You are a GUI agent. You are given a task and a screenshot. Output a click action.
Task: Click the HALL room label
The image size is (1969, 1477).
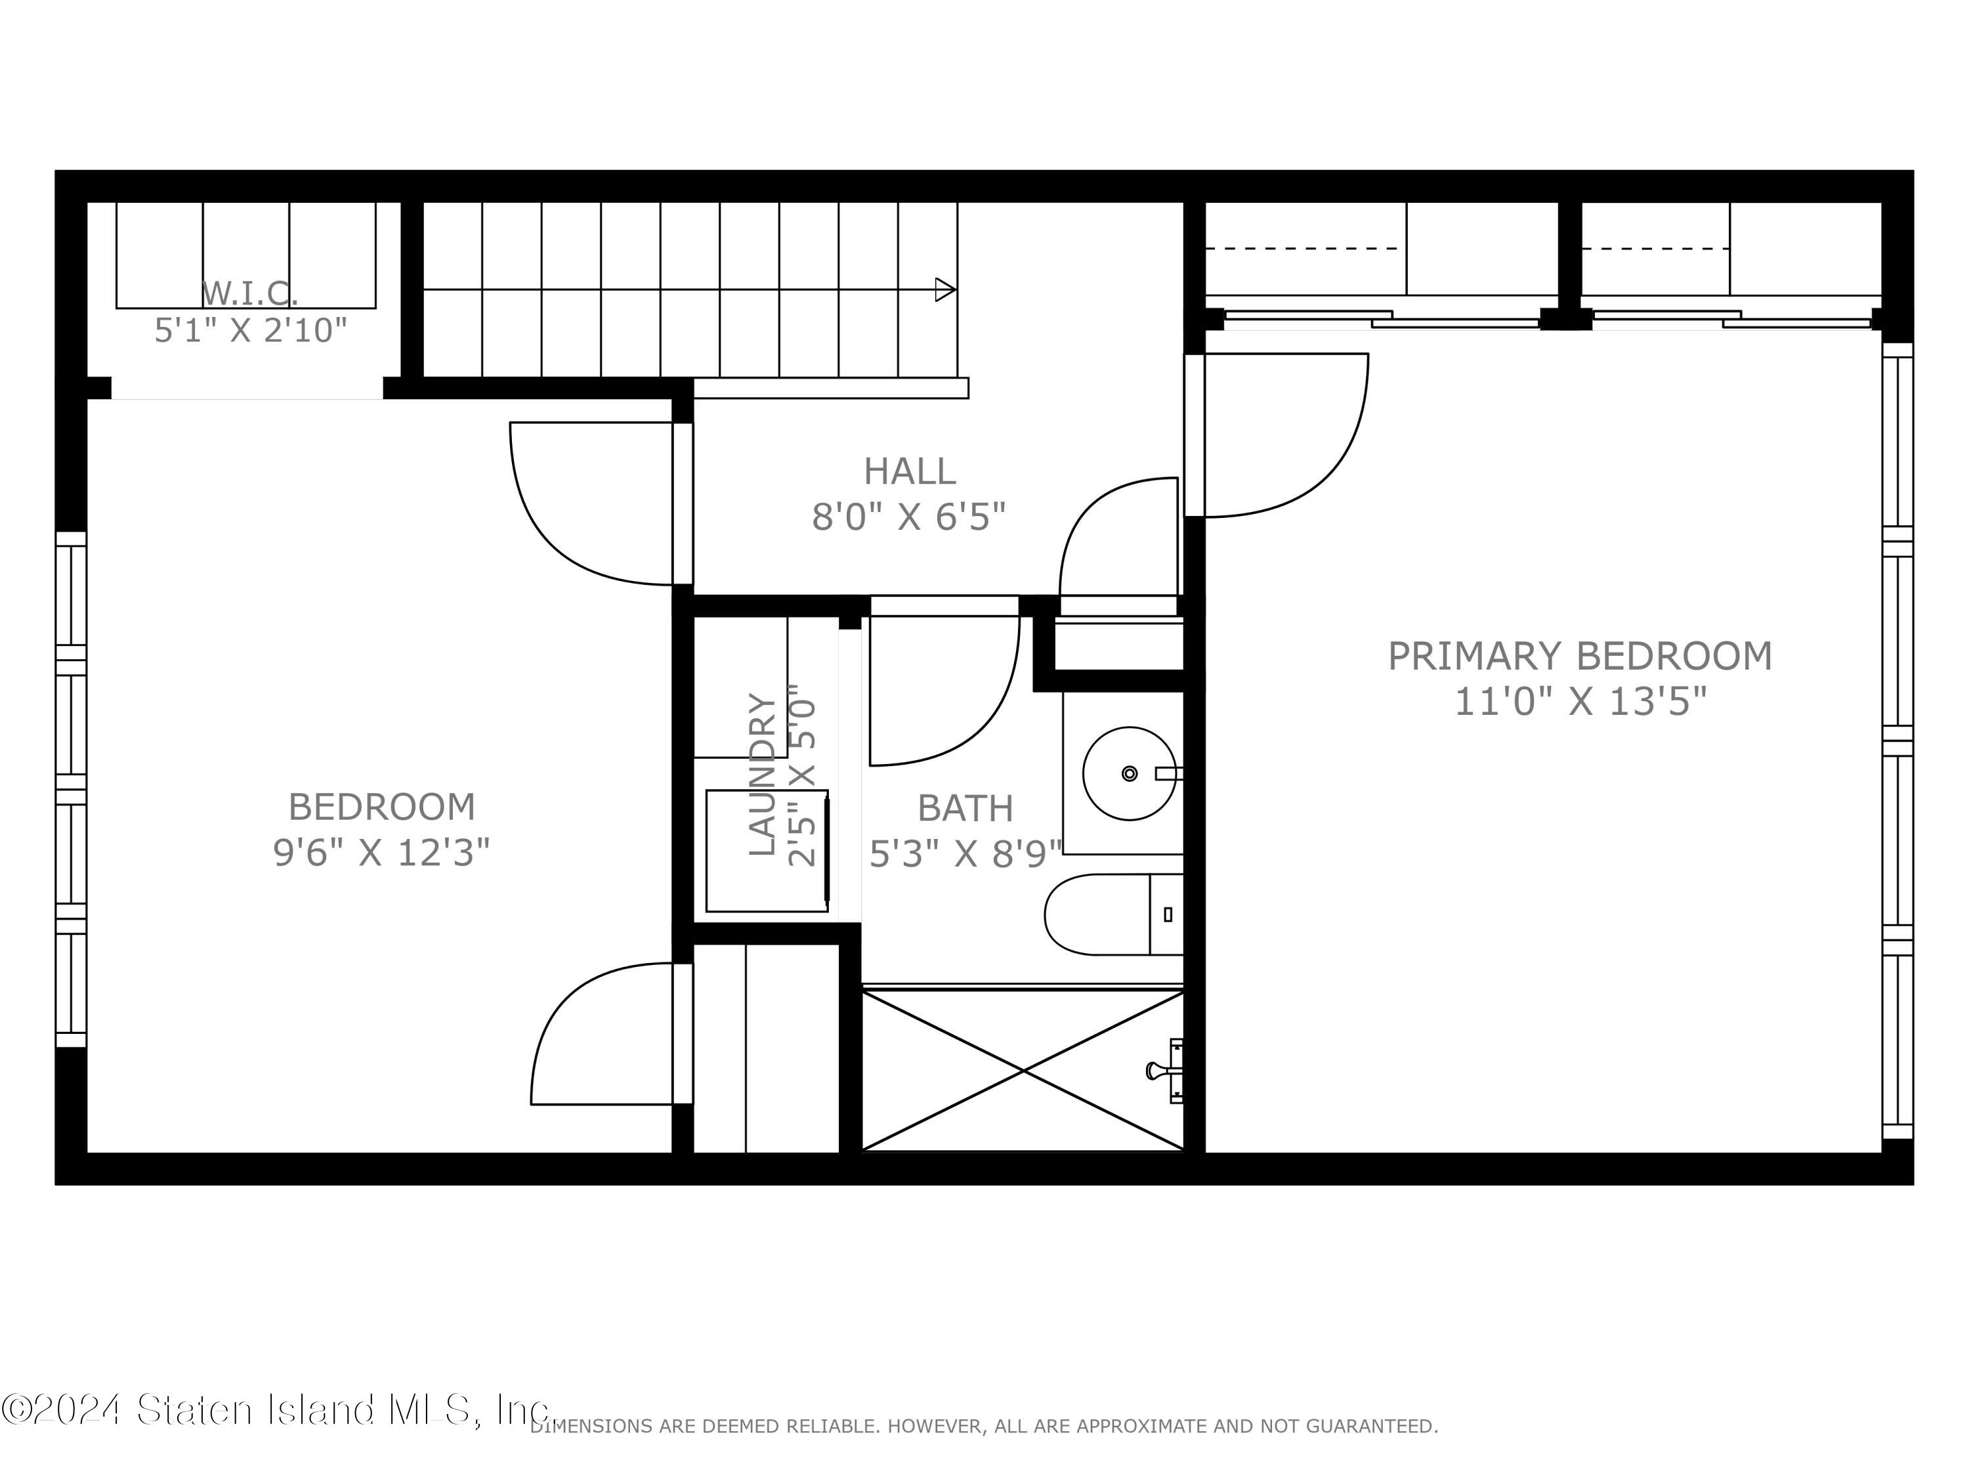point(909,471)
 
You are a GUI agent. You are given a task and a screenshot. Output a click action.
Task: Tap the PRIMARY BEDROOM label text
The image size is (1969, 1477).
point(1579,656)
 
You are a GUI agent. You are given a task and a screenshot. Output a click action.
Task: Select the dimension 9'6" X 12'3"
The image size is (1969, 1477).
point(381,853)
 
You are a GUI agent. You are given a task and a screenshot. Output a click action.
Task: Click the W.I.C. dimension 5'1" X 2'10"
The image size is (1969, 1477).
point(250,330)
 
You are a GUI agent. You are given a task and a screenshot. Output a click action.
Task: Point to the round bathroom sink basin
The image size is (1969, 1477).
point(1129,773)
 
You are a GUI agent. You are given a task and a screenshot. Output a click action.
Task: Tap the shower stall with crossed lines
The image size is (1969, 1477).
point(1022,1070)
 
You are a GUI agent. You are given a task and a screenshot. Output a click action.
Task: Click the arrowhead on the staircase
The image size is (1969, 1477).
point(945,289)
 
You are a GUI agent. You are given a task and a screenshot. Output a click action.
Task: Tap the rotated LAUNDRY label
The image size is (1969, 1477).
point(762,774)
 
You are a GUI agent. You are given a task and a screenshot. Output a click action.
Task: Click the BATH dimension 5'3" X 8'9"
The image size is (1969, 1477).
point(965,854)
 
